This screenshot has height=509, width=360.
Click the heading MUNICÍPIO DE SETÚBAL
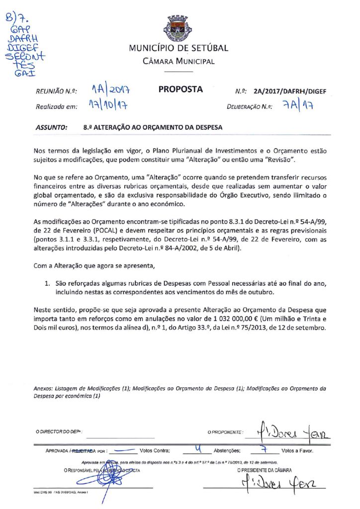179,48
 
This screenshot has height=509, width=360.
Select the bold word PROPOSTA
180,89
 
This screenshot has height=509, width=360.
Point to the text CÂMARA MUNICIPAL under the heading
179,62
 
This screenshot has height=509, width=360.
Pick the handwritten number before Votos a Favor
265,449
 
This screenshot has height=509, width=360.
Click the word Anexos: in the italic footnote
43,388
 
